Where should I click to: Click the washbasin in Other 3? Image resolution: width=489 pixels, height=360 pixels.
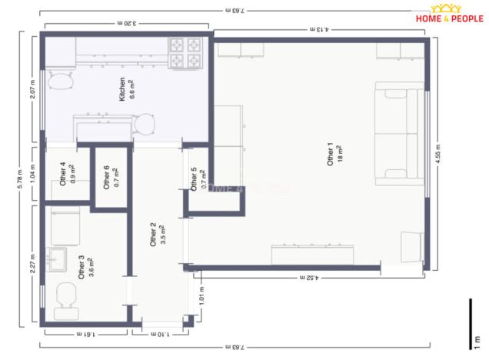tap(55, 260)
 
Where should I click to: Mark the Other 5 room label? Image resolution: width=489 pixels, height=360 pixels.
tap(198, 178)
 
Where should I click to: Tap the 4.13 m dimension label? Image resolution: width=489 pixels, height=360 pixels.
tap(316, 28)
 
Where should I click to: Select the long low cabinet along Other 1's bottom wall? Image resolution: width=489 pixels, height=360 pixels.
tap(312, 254)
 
